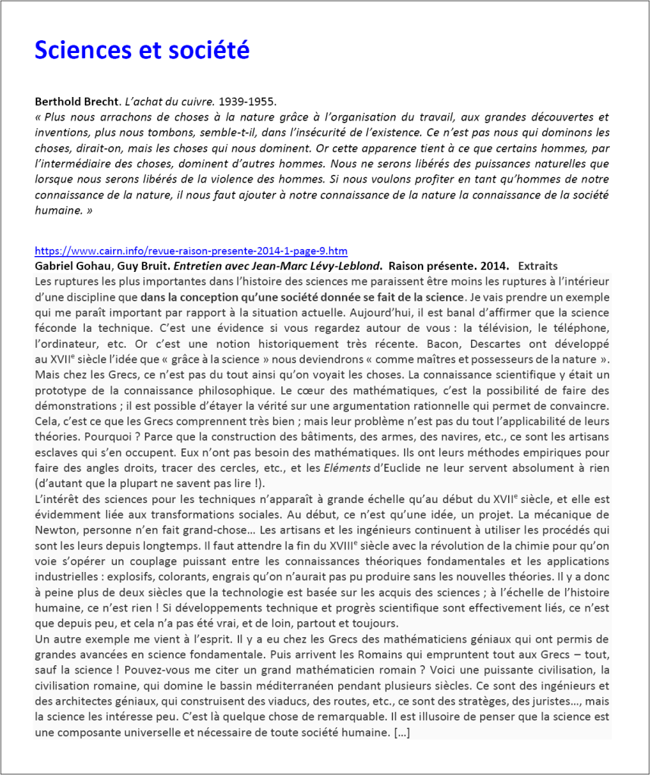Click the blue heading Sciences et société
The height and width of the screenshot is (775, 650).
point(142,50)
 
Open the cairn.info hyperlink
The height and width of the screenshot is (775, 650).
point(191,251)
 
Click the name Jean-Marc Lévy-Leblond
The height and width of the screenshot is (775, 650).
point(325,266)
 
